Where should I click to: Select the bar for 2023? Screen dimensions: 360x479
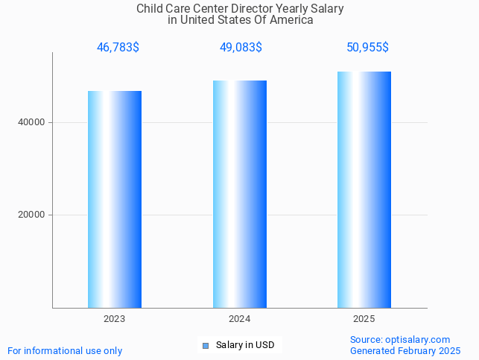(115, 199)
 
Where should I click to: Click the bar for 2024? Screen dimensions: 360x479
(240, 194)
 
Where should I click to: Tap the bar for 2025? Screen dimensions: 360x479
(364, 189)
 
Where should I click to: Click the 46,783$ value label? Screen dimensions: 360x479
(118, 48)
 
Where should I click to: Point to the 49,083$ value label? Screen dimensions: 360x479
(241, 48)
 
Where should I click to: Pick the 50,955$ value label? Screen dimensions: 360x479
(367, 48)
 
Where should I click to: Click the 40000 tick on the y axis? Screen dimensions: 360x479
(31, 122)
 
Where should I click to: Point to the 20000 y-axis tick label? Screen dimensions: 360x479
(31, 215)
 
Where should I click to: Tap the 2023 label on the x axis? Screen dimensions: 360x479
(115, 319)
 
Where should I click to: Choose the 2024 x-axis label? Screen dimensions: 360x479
(240, 319)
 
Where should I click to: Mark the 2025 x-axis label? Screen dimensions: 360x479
(364, 319)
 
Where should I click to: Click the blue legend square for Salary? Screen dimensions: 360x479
(206, 345)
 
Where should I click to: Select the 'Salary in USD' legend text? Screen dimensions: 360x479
(245, 345)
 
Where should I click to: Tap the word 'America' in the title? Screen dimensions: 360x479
(292, 20)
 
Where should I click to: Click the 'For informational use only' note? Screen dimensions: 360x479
(65, 350)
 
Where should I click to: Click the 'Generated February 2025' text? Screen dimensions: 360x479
(405, 350)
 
